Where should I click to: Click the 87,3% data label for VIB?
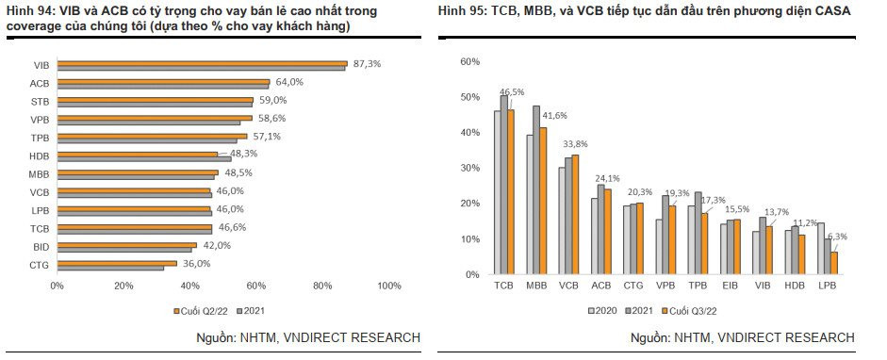coord(365,63)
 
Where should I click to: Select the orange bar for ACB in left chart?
coord(164,81)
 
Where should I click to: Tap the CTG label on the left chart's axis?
coord(39,266)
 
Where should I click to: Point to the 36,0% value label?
coord(196,264)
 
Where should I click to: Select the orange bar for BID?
coord(127,244)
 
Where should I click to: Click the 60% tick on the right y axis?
coord(469,61)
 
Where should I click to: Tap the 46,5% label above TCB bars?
coord(512,92)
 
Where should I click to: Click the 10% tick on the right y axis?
coord(469,238)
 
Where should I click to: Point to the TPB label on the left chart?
coord(39,137)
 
